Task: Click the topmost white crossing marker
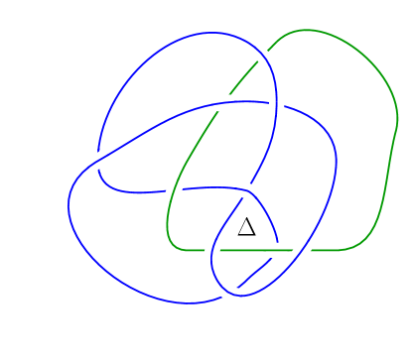click(263, 55)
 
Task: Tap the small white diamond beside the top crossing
click(274, 45)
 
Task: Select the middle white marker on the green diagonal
click(223, 103)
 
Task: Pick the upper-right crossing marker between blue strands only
click(276, 102)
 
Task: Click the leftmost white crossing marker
click(97, 161)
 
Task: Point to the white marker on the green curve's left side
click(174, 189)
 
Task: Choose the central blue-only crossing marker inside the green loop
click(246, 190)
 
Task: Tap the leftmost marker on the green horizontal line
click(212, 250)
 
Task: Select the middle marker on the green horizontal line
click(277, 250)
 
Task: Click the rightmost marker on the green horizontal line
click(302, 250)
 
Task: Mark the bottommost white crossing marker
click(229, 292)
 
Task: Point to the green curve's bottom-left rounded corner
click(171, 244)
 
